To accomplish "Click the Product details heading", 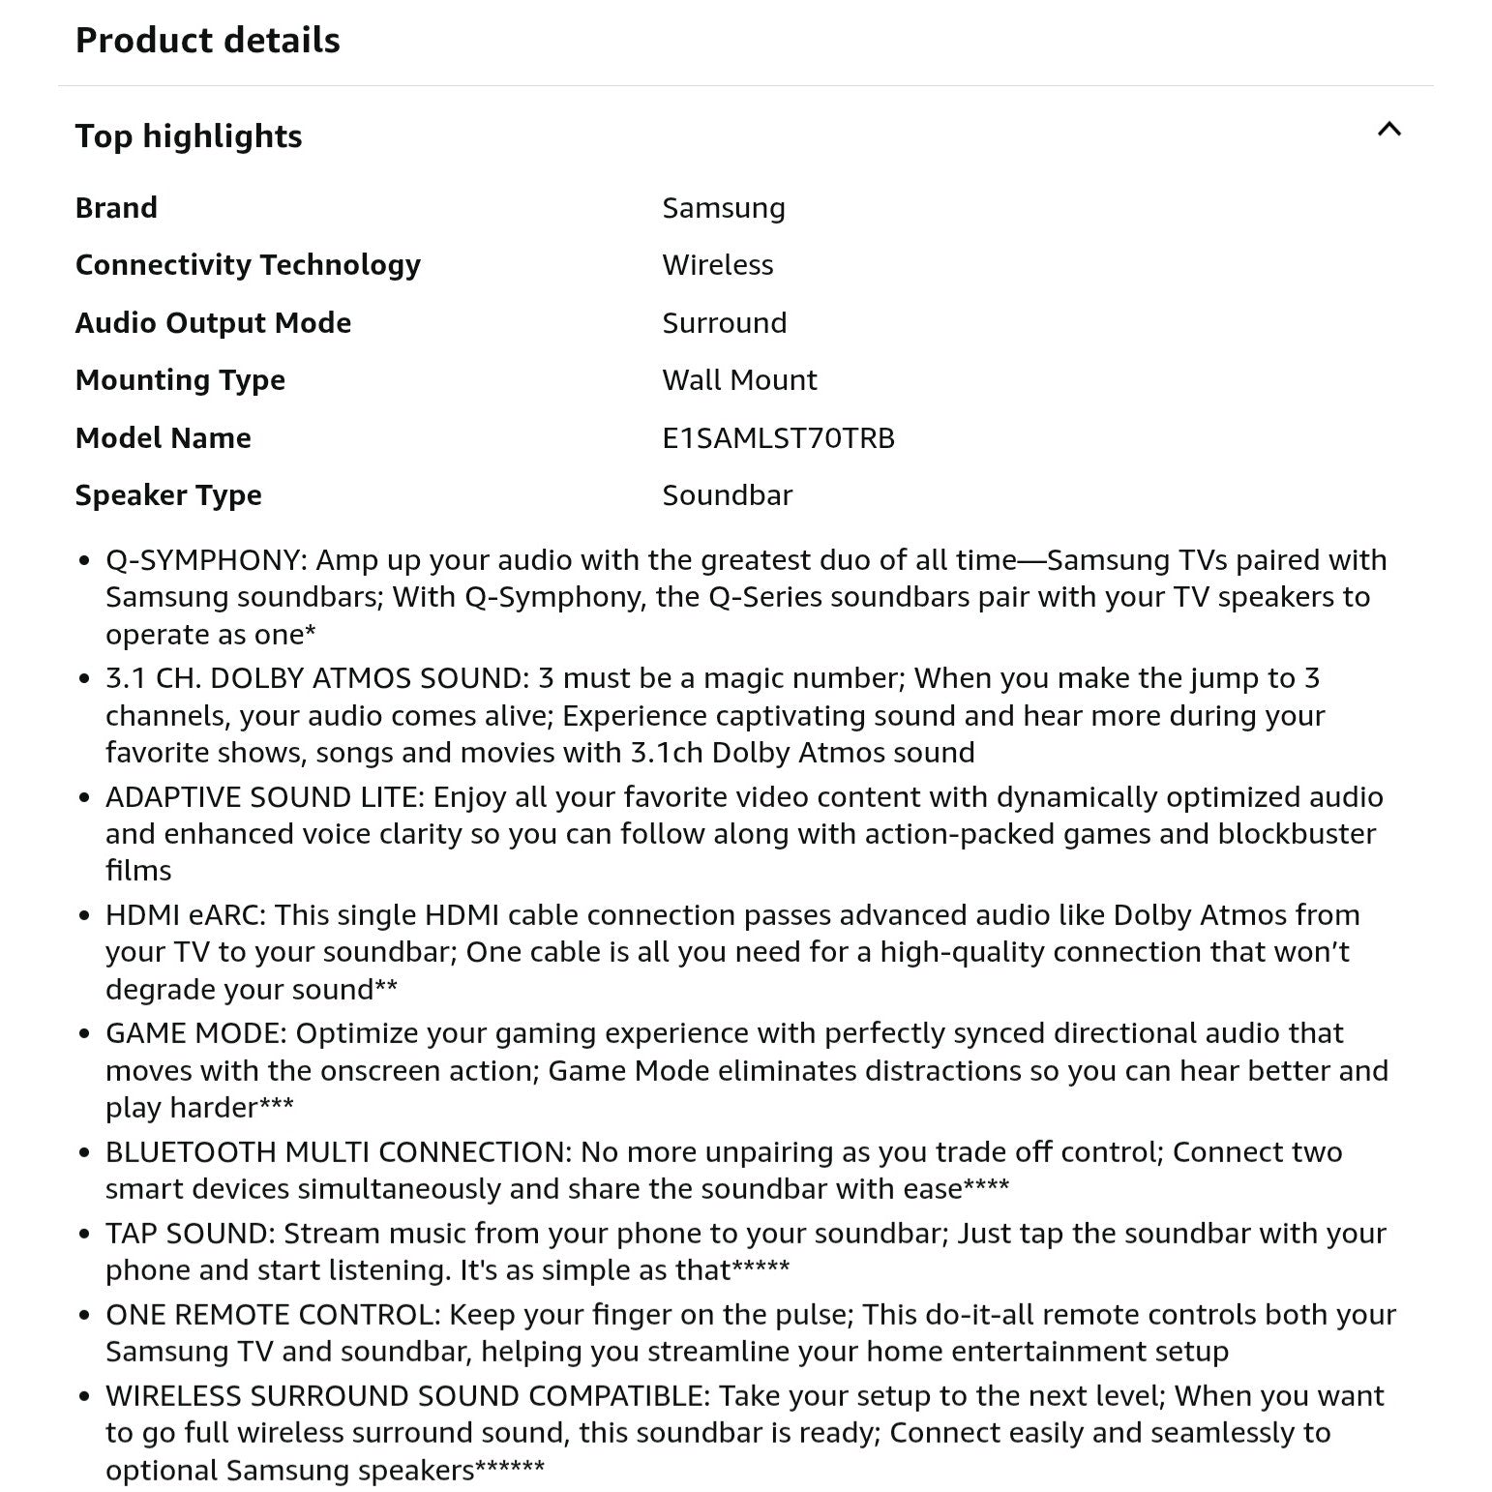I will click(x=207, y=41).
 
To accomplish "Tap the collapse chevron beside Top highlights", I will click(x=1388, y=130).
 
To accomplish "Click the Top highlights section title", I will click(x=189, y=136).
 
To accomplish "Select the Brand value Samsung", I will click(x=723, y=208).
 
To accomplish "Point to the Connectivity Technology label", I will click(x=248, y=265).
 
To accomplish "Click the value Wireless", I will click(x=717, y=265).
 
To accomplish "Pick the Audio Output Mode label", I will click(x=213, y=323).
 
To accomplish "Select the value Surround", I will click(x=724, y=323).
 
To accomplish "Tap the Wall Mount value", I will click(x=739, y=380).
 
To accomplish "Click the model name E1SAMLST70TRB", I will click(x=778, y=438).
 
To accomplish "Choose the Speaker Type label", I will click(x=168, y=495).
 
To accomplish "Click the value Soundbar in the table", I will click(x=727, y=495).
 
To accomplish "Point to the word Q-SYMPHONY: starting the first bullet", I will click(x=206, y=560).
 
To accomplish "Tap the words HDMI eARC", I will click(x=186, y=915).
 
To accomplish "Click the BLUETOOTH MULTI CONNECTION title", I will click(x=338, y=1152).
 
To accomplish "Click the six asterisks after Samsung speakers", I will click(x=510, y=1468).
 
